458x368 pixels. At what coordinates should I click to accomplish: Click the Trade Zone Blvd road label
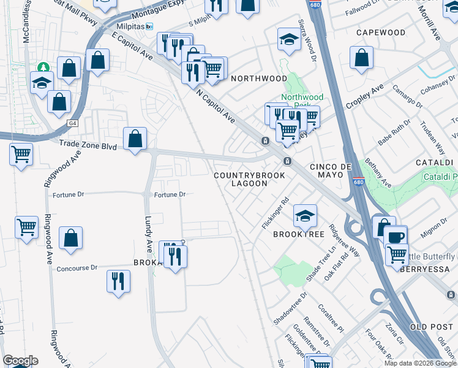(88, 145)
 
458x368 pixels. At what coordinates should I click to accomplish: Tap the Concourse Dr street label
(77, 268)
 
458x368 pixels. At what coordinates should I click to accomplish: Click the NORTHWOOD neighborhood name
(258, 79)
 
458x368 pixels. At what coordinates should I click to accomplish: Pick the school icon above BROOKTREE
(305, 215)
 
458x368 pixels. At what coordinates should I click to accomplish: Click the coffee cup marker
(396, 236)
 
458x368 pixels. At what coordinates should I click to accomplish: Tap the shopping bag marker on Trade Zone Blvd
(135, 138)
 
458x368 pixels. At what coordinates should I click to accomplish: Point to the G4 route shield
(73, 123)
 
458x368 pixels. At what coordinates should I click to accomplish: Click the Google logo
(20, 361)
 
